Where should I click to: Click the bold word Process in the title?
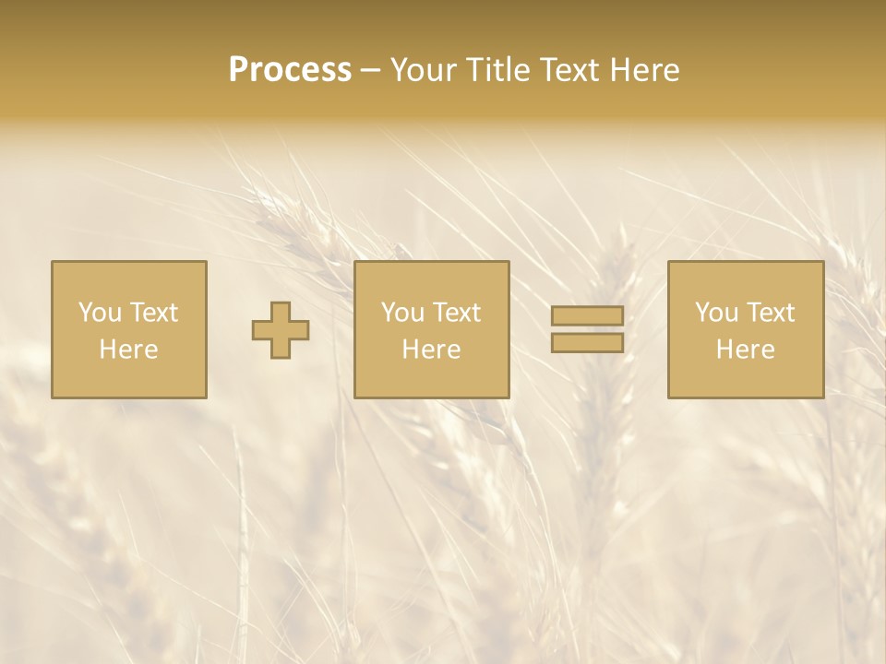click(290, 70)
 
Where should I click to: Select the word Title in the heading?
click(500, 70)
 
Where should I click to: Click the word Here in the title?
click(647, 70)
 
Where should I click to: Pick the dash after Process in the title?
click(370, 71)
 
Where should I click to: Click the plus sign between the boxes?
click(281, 330)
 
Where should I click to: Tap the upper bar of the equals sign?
click(587, 316)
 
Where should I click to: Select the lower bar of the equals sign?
click(587, 343)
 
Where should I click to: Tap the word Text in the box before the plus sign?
click(152, 313)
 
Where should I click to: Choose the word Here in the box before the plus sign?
click(128, 350)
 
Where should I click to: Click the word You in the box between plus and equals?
click(402, 313)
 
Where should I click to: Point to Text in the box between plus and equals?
click(455, 313)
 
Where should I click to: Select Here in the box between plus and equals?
click(431, 350)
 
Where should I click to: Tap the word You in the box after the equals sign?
click(716, 313)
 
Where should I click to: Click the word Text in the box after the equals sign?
click(769, 313)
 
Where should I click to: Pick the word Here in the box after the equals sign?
click(745, 350)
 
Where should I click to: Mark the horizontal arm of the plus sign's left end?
click(259, 330)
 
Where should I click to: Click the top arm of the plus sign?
click(281, 310)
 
